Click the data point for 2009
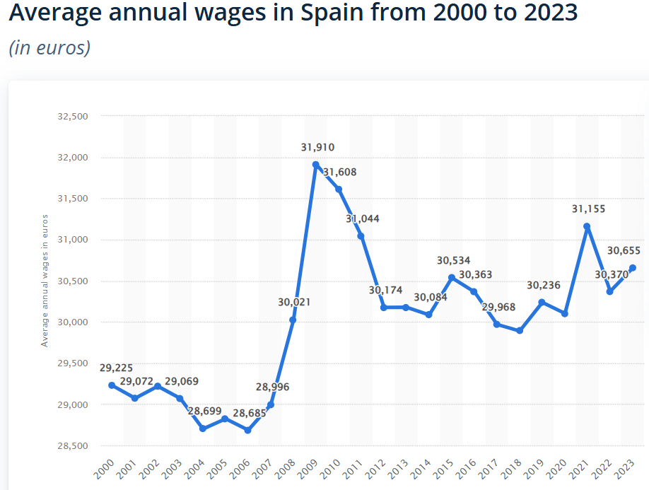316,164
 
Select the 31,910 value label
317,148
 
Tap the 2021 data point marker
587,226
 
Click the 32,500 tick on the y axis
72,116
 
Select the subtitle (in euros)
49,48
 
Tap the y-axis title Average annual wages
45,280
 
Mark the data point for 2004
203,428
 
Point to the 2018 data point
520,330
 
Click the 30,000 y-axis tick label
72,322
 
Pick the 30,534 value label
453,260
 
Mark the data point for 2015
452,277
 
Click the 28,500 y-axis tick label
72,446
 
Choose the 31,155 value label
588,209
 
